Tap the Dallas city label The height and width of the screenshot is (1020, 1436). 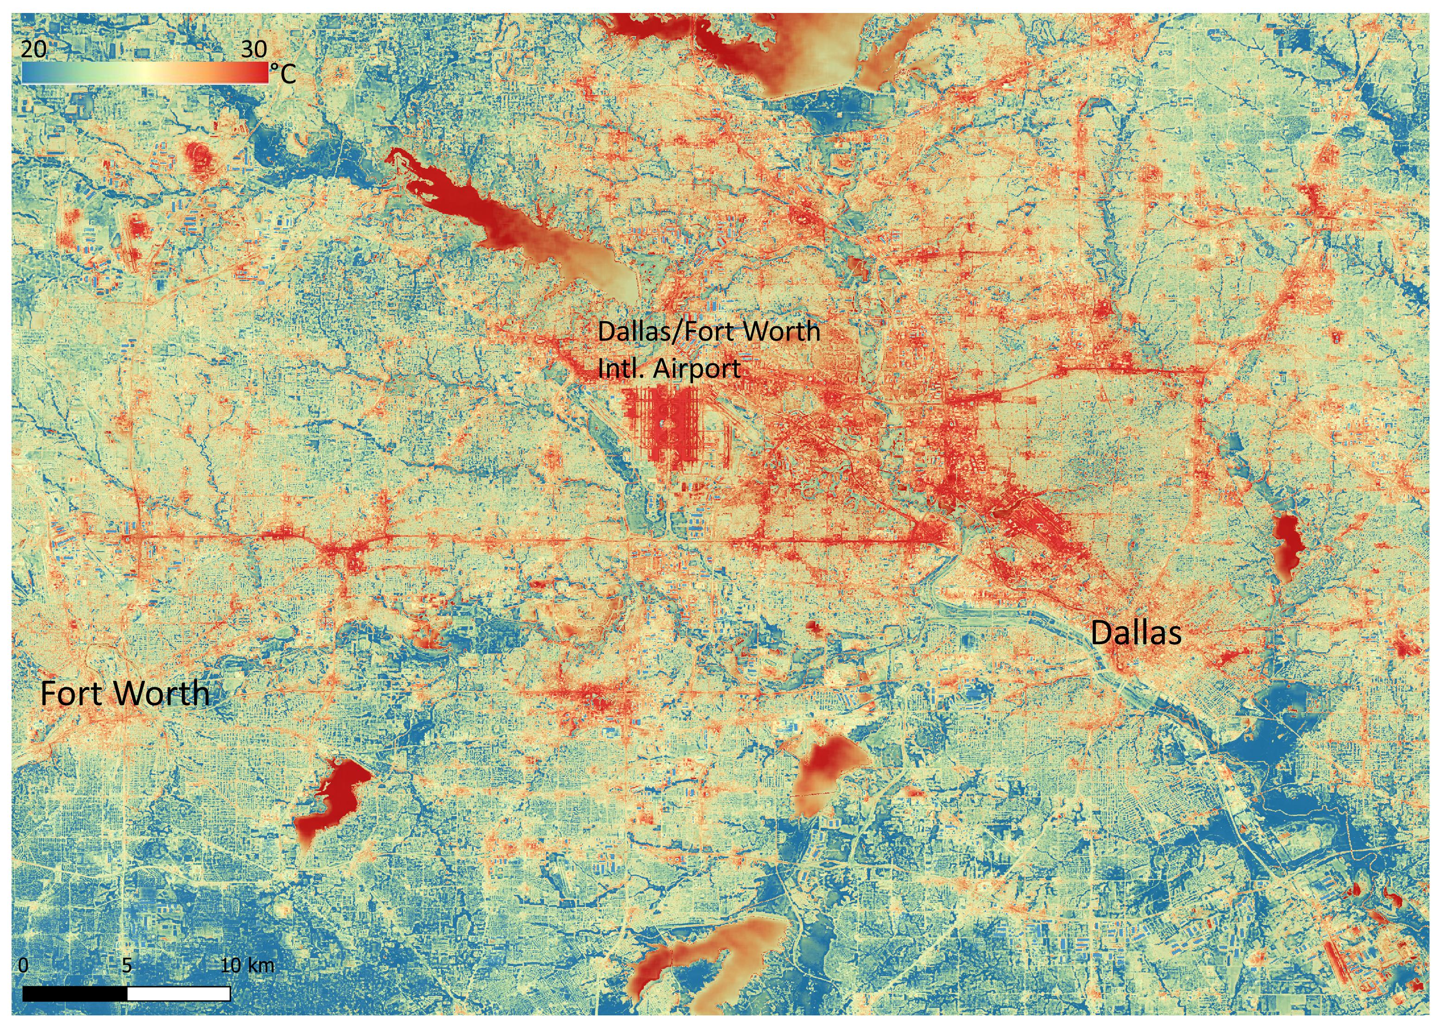[x=1136, y=633]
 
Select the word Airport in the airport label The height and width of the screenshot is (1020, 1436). [x=696, y=369]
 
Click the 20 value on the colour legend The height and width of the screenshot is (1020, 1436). [x=34, y=49]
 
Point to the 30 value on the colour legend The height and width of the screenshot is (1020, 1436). [x=253, y=49]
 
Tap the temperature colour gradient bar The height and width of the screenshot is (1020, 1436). [x=145, y=73]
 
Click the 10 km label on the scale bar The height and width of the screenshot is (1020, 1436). [x=247, y=965]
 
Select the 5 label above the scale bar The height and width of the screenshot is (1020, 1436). [x=127, y=965]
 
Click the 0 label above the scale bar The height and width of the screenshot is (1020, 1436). [x=23, y=965]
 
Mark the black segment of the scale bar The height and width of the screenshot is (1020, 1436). [x=76, y=994]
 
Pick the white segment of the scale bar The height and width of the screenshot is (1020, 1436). [x=179, y=994]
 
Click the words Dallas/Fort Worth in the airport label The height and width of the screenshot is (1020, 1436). [x=708, y=331]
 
